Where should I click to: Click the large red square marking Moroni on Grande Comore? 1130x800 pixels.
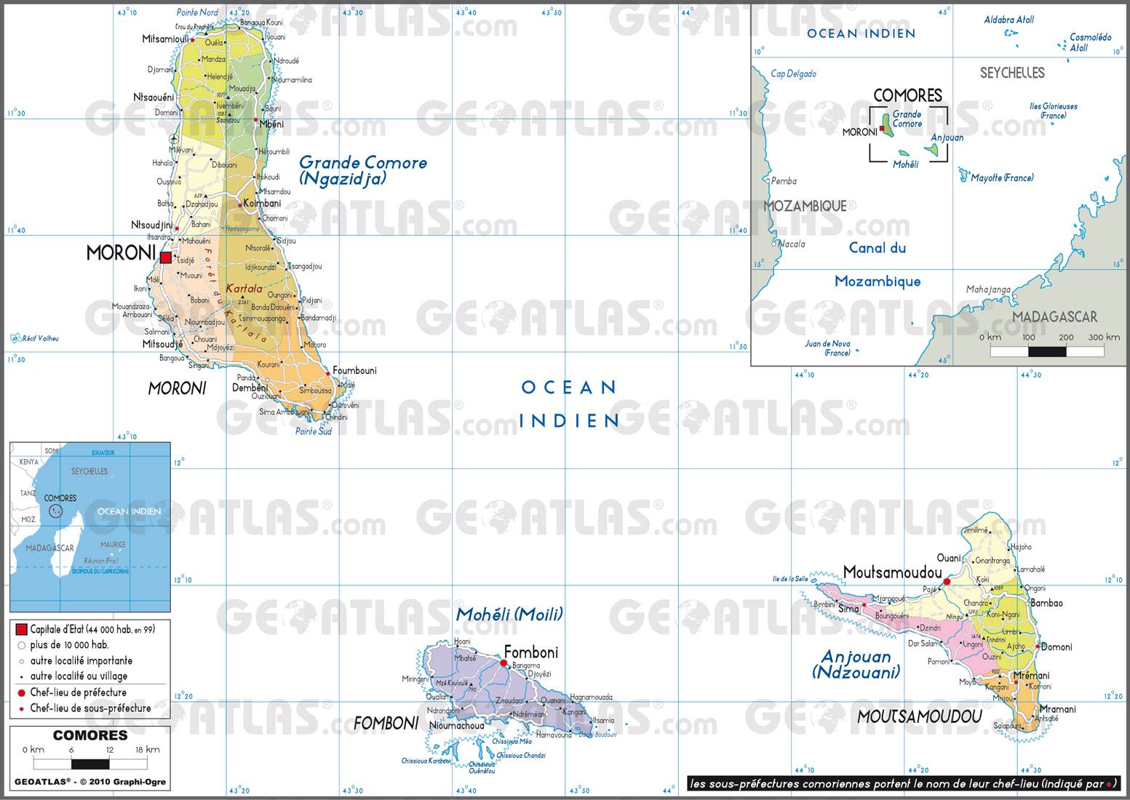166,257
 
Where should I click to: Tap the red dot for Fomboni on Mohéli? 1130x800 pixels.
504,663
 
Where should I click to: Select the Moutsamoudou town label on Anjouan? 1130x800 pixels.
891,572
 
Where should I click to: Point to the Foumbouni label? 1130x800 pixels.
354,371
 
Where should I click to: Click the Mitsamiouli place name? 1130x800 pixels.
165,39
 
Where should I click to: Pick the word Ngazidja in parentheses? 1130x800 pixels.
341,179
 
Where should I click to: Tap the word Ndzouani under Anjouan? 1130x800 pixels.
856,673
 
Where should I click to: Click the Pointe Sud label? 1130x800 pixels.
313,431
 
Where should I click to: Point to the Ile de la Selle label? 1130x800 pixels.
790,579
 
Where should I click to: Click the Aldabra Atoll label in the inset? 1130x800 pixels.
1008,20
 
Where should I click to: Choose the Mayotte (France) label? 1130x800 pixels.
1002,178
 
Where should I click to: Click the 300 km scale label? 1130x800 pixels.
1104,337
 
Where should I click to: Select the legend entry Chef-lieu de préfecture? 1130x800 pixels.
78,693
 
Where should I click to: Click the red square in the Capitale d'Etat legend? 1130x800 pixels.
21,629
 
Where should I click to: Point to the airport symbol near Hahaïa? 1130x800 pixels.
173,138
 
